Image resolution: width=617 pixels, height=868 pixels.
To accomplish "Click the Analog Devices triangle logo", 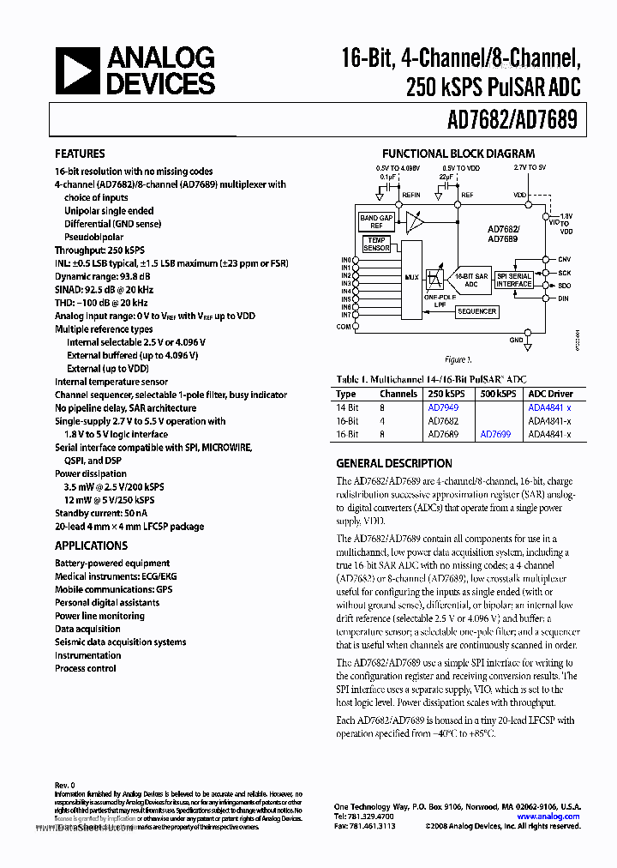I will (x=77, y=70).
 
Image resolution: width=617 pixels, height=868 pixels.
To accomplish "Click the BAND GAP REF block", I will (x=375, y=222).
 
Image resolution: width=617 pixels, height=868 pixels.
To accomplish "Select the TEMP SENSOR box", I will (x=376, y=244).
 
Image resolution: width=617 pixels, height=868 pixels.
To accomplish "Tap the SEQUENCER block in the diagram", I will (x=476, y=311).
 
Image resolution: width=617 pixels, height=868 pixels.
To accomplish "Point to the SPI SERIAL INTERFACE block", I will (x=514, y=279).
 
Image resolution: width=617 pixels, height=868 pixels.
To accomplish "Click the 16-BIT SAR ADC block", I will (x=470, y=280).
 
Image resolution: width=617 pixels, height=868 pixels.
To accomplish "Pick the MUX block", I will (x=411, y=277).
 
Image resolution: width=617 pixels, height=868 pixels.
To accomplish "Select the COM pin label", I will (x=344, y=327).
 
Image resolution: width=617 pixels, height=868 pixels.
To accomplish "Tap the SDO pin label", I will (x=564, y=285).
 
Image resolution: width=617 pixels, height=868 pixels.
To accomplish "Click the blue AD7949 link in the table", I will (x=443, y=408).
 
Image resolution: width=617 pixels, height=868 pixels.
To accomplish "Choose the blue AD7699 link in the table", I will (x=495, y=435).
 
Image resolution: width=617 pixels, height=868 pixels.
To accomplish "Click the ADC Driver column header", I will (x=549, y=394).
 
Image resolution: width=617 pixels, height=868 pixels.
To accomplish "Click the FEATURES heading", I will (x=80, y=154).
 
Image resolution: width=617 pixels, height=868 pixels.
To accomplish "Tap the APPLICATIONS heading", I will (x=91, y=546).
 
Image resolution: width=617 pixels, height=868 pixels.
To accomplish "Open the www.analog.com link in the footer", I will (x=548, y=817).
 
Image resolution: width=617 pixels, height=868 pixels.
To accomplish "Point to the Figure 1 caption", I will (x=457, y=360).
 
